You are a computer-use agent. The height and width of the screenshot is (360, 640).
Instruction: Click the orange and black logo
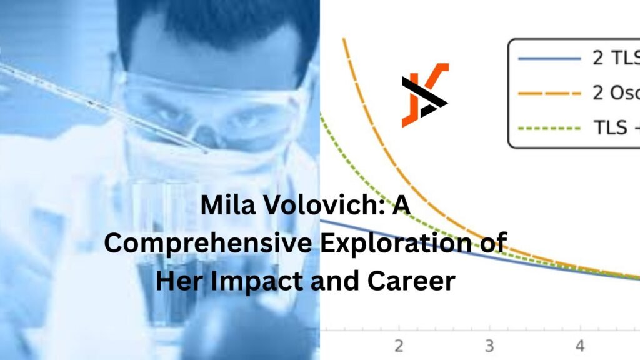click(x=424, y=95)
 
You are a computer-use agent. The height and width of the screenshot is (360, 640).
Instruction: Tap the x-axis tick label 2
click(x=398, y=346)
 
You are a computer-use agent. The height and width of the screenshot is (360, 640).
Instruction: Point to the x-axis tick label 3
click(x=489, y=346)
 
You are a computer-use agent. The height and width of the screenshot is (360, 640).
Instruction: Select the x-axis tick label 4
click(x=580, y=346)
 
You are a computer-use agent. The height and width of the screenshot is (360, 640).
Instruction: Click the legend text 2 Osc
click(x=616, y=94)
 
